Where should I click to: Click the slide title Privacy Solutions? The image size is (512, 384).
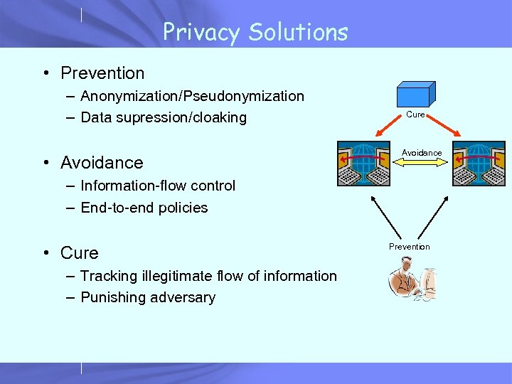tap(255, 32)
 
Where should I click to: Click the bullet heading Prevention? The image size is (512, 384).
tap(102, 73)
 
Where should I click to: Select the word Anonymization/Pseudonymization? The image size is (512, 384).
tap(192, 96)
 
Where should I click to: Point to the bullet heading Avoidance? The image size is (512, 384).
tap(102, 163)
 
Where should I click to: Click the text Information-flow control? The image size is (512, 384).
tap(158, 186)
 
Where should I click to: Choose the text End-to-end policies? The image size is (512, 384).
tap(144, 208)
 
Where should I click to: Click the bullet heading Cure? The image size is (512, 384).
tap(80, 253)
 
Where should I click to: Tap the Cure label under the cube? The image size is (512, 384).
tap(415, 114)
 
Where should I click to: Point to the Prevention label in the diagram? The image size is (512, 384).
tap(409, 247)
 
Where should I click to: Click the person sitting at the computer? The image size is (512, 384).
tap(410, 283)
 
